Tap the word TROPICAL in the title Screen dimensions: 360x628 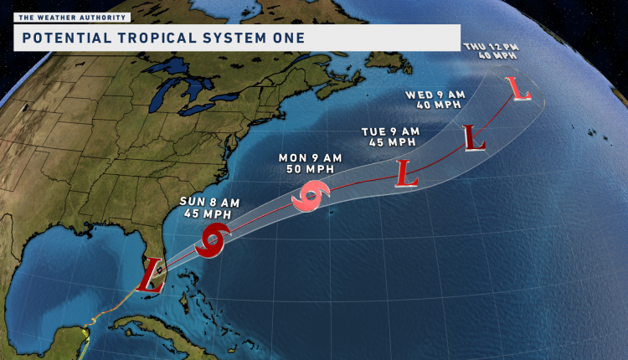[148, 38]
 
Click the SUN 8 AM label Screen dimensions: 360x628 [204, 202]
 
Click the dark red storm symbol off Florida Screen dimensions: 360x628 [214, 240]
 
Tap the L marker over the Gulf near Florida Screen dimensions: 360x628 [152, 273]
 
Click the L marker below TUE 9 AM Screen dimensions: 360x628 [407, 174]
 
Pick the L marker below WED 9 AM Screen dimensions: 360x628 [474, 137]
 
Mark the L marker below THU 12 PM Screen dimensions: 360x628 [521, 88]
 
